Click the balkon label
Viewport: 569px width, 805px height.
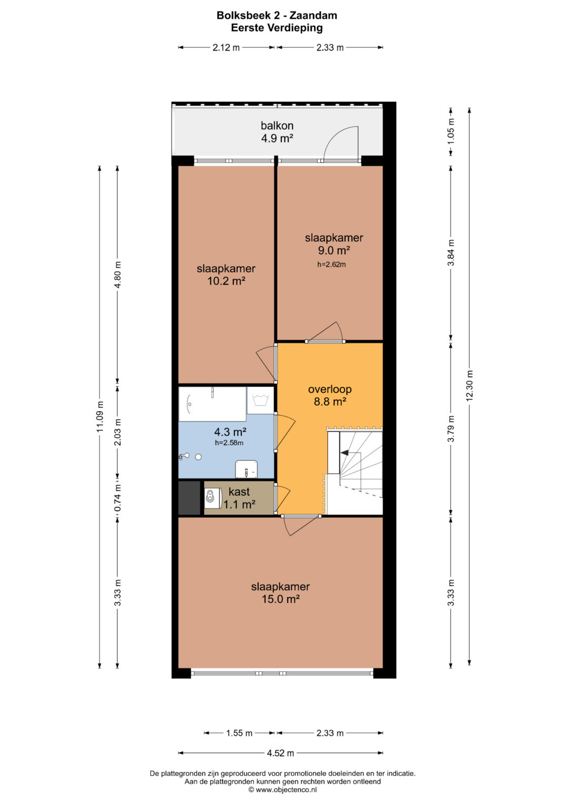(277, 125)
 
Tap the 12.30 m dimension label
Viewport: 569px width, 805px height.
(469, 385)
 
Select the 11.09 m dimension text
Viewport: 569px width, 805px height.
(100, 416)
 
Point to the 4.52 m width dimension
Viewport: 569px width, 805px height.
(280, 753)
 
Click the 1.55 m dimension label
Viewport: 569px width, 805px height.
(239, 733)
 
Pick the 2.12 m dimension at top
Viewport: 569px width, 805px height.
(226, 47)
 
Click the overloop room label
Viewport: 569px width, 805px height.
(330, 389)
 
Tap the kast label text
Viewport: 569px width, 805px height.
(239, 492)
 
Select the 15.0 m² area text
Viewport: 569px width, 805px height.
(280, 599)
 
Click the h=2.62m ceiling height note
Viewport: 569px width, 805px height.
(331, 265)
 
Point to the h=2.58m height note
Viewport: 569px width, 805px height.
(229, 443)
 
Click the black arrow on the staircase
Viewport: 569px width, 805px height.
(345, 453)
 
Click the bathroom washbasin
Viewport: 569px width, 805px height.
(247, 469)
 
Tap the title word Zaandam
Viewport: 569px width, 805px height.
(313, 15)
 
